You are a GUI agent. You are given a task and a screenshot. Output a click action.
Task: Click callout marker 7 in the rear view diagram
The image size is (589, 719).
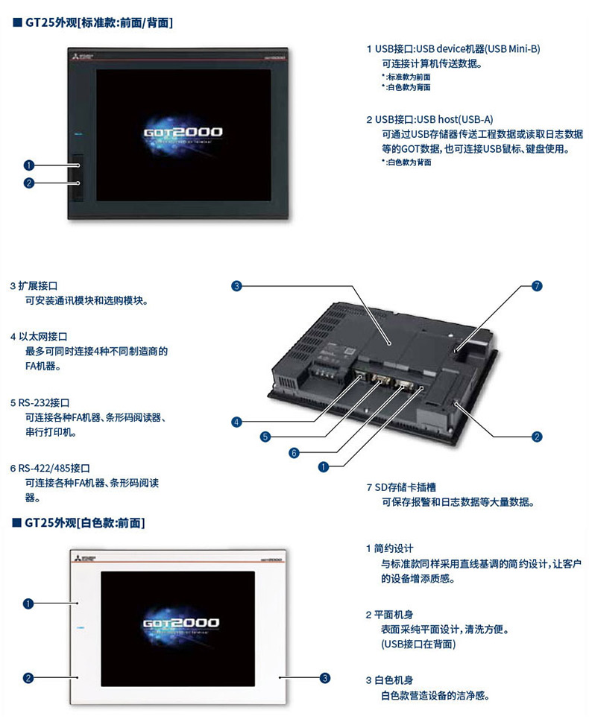pyautogui.click(x=537, y=286)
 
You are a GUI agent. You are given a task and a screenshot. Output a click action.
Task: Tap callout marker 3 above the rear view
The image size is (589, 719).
pyautogui.click(x=236, y=286)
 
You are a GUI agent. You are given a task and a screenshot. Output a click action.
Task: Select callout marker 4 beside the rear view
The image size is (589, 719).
pyautogui.click(x=236, y=422)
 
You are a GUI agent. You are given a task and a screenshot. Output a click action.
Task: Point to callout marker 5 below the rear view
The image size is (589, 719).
pyautogui.click(x=265, y=437)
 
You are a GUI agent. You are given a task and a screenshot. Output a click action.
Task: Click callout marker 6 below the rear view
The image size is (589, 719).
pyautogui.click(x=294, y=452)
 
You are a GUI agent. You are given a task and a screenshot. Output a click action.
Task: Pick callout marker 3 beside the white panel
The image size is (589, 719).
pyautogui.click(x=325, y=678)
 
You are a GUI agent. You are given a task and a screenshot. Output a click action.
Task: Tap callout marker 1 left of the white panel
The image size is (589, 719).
pyautogui.click(x=28, y=604)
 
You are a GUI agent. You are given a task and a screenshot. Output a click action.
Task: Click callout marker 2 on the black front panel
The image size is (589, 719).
pyautogui.click(x=28, y=183)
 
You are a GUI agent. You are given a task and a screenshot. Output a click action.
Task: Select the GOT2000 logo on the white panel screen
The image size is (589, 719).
pyautogui.click(x=180, y=622)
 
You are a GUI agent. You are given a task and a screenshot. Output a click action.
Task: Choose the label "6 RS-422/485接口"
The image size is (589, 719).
pyautogui.click(x=50, y=468)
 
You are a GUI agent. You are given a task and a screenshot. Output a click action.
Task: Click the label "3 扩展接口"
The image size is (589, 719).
pyautogui.click(x=38, y=285)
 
